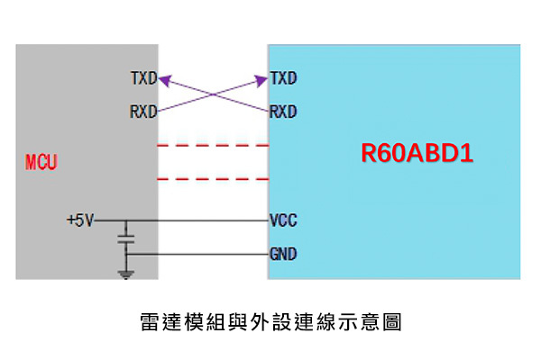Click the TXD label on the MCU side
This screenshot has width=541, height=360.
pyautogui.click(x=143, y=79)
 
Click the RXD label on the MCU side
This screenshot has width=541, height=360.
pyautogui.click(x=143, y=112)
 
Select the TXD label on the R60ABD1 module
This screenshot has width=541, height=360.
pyautogui.click(x=283, y=79)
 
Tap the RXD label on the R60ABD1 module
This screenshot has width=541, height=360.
pyautogui.click(x=283, y=112)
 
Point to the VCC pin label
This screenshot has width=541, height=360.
pyautogui.click(x=283, y=220)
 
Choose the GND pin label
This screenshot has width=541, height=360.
pyautogui.click(x=283, y=255)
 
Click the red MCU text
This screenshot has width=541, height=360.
pyautogui.click(x=41, y=164)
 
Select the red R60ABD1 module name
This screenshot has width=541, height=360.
pyautogui.click(x=417, y=154)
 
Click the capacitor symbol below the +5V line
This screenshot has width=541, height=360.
pyautogui.click(x=126, y=240)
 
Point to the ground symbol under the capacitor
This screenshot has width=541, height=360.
pyautogui.click(x=126, y=273)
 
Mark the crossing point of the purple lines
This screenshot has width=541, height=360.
pyautogui.click(x=214, y=95)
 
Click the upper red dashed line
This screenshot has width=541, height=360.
pyautogui.click(x=213, y=145)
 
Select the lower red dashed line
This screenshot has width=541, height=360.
pyautogui.click(x=213, y=179)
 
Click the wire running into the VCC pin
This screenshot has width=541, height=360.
pyautogui.click(x=207, y=220)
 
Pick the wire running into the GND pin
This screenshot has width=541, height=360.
pyautogui.click(x=207, y=255)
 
